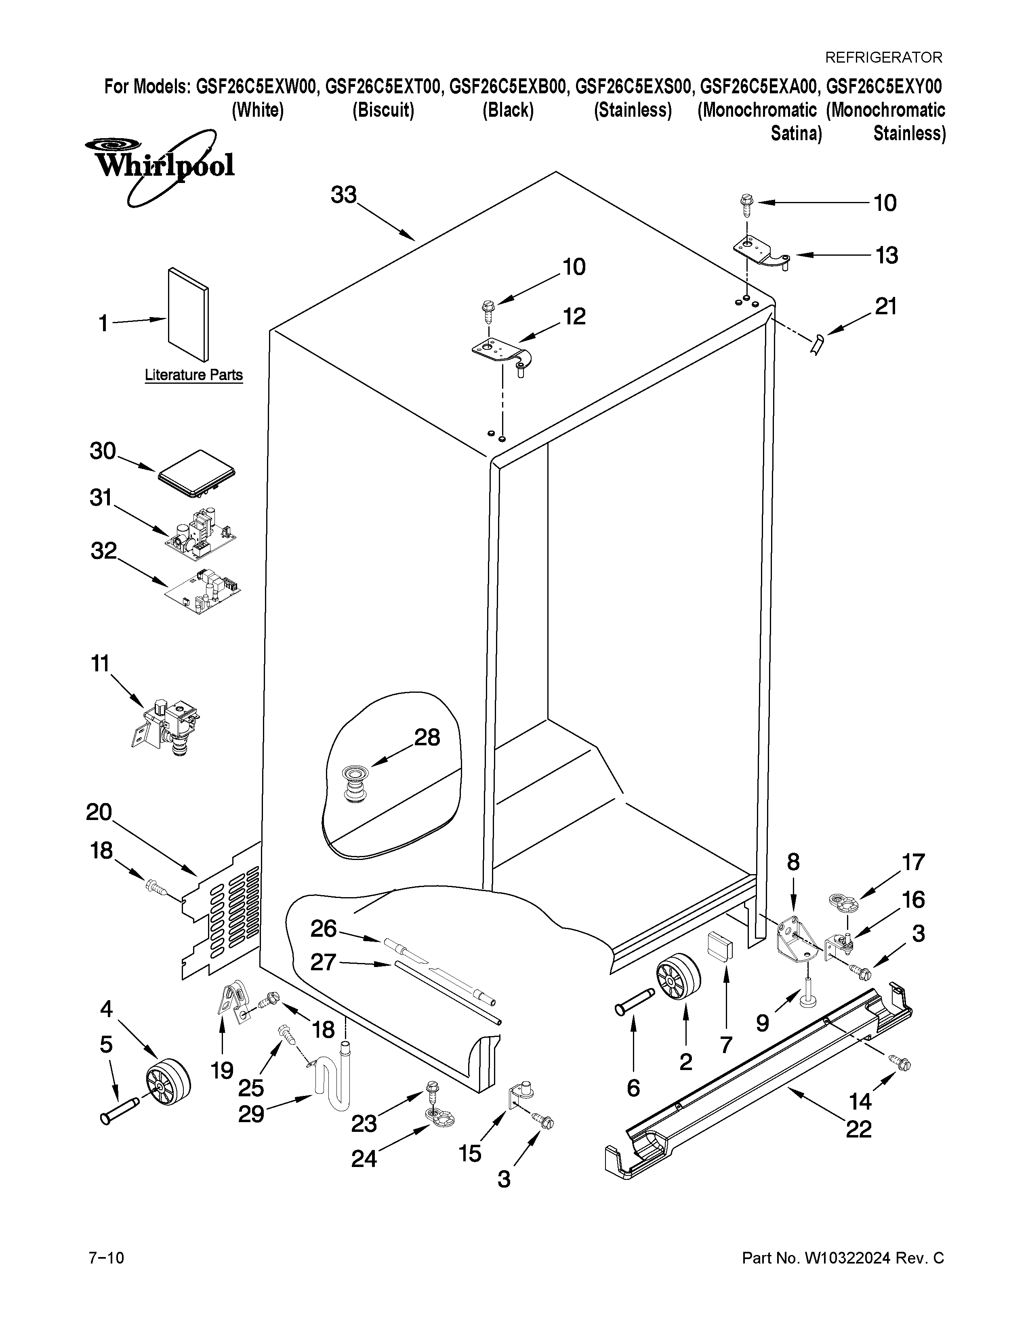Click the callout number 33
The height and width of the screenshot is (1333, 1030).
[344, 196]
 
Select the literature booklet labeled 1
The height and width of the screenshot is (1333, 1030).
[189, 315]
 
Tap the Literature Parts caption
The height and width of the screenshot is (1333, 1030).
[193, 375]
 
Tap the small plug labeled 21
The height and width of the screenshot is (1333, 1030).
[818, 345]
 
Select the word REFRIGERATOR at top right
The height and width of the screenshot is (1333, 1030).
[883, 57]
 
